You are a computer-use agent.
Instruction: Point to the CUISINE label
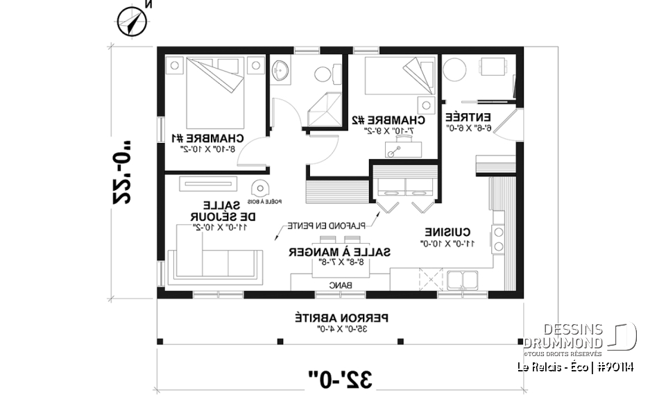449,232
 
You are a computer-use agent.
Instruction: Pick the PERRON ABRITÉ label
342,317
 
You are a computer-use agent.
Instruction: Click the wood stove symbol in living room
260,188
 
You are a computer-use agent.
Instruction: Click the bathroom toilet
323,72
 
